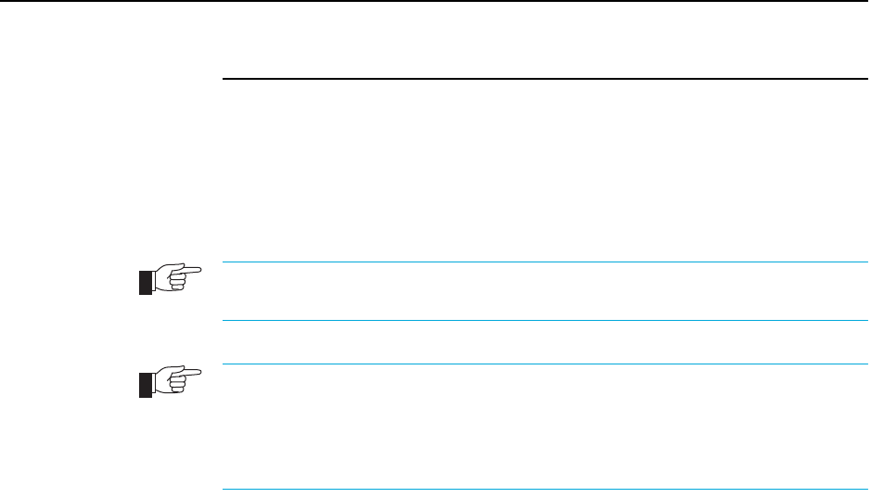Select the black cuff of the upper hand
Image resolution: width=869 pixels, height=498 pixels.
(145, 282)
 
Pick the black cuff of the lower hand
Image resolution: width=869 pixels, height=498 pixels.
(145, 385)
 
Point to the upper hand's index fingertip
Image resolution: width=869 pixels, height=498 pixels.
(198, 272)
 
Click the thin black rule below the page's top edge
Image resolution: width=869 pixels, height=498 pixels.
(539, 79)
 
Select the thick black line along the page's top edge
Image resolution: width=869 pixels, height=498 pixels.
(434, 1)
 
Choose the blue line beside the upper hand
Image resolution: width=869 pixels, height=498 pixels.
(539, 262)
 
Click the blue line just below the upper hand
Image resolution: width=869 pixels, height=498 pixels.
(539, 321)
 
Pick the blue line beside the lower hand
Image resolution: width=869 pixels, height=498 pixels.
(539, 364)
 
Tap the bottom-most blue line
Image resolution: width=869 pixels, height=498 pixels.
(539, 490)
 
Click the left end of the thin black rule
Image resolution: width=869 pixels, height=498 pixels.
(225, 79)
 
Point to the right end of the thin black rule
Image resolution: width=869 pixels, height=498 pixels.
(852, 79)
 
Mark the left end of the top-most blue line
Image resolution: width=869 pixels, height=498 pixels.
(225, 262)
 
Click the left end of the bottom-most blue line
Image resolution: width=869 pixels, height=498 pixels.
(225, 490)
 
